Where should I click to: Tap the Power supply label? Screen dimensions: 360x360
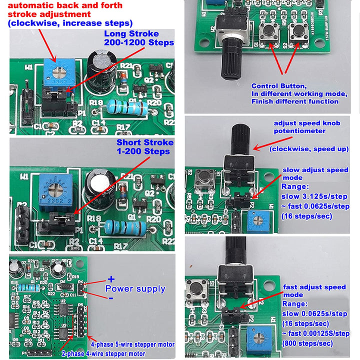pos(135,288)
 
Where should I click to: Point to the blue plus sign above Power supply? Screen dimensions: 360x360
pos(111,279)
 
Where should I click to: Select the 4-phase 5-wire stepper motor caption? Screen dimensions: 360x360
pos(132,344)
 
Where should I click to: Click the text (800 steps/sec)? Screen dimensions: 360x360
pos(307,343)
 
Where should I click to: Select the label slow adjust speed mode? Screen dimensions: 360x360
pos(315,173)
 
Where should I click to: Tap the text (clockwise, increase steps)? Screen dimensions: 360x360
pos(70,23)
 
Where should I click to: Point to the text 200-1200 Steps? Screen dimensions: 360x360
pos(139,43)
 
